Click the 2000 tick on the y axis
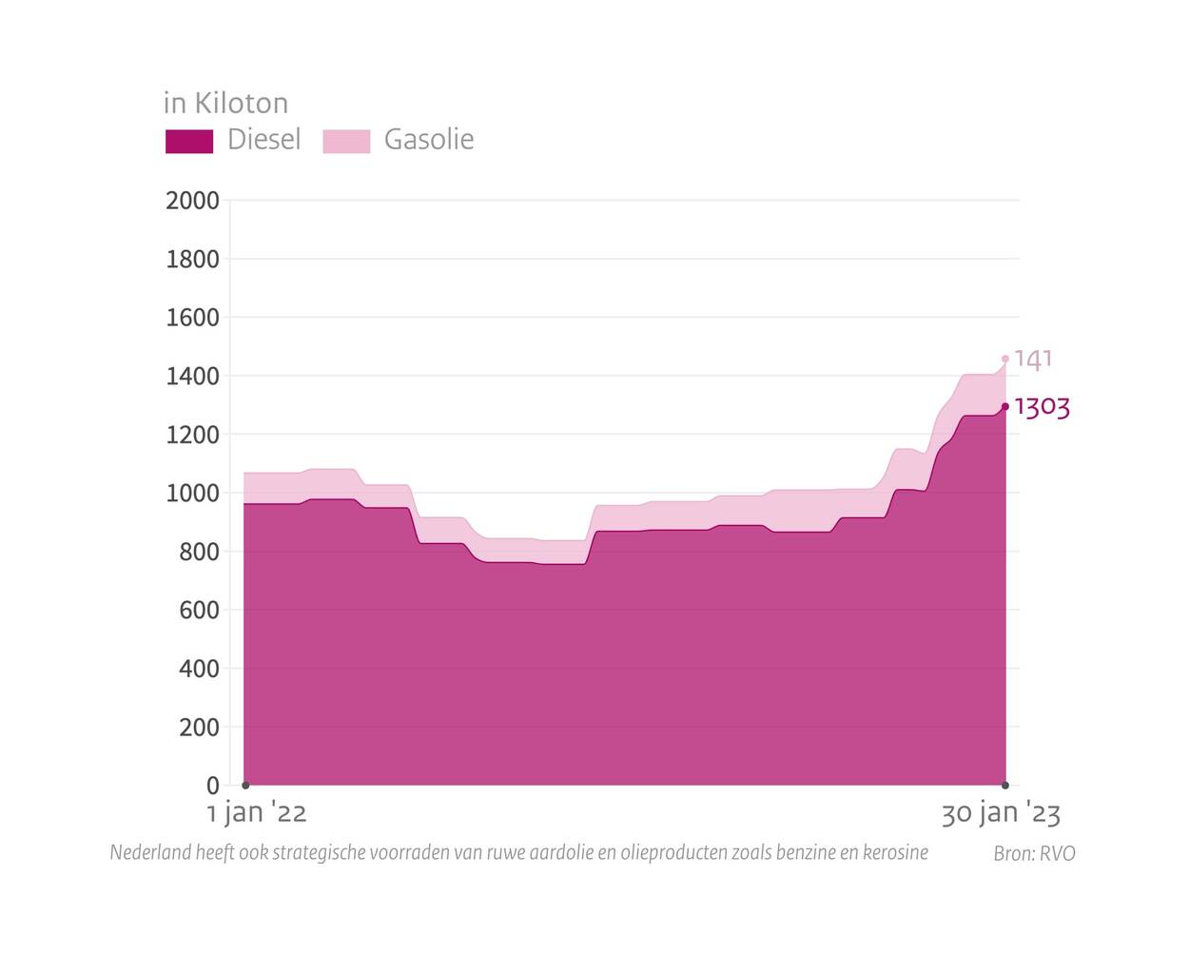[192, 201]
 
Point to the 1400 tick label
[192, 377]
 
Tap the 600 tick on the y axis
[199, 611]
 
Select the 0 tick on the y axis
[212, 786]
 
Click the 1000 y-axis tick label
[192, 494]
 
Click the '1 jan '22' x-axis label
[257, 813]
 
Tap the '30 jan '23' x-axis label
[1001, 813]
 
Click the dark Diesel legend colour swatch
[189, 141]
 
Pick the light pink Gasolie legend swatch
[346, 141]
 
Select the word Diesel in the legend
[263, 140]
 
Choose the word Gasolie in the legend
[429, 140]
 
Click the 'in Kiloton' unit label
[225, 103]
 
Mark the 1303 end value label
[1043, 408]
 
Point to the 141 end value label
[1033, 360]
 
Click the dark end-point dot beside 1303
[1005, 407]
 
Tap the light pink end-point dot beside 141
[1005, 360]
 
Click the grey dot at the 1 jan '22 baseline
[245, 785]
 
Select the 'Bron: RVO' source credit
[1034, 853]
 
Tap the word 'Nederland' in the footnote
[149, 852]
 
